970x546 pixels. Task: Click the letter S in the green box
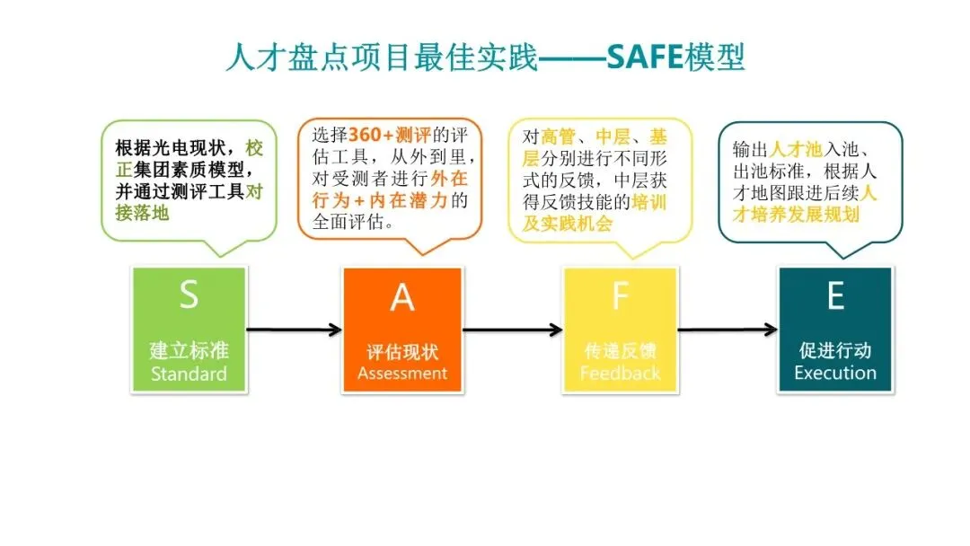189,295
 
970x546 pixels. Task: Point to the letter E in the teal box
835,295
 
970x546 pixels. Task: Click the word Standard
189,374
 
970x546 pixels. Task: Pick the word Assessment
402,374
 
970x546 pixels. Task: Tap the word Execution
835,374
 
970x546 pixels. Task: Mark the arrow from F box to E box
727,330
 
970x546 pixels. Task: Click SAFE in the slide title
644,58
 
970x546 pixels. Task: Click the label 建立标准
189,350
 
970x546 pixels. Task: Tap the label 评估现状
402,351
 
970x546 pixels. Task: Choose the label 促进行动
835,351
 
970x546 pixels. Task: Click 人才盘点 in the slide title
267,58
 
